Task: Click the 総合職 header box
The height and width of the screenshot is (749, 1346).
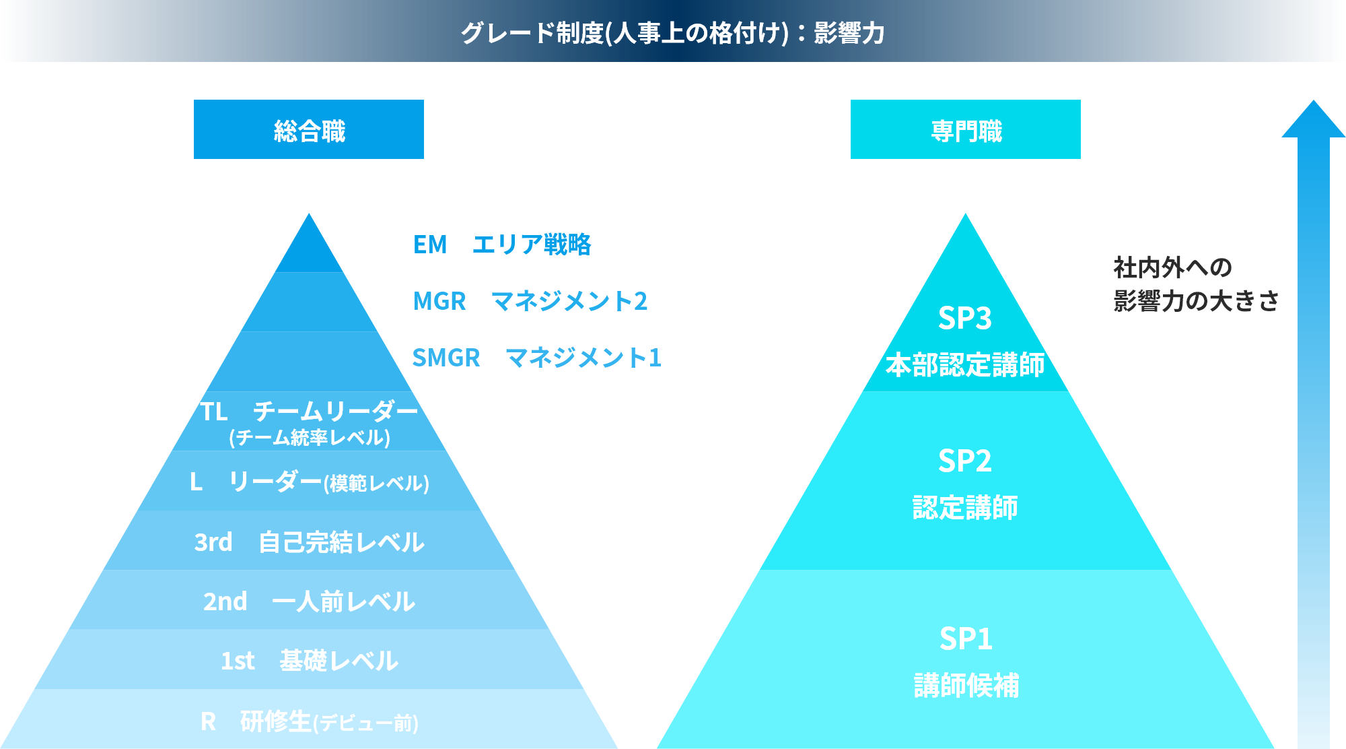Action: (x=309, y=129)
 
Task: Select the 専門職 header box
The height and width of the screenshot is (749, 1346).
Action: (x=966, y=129)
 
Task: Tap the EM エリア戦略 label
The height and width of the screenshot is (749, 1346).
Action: (x=502, y=245)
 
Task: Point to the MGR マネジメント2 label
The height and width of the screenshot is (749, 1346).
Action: (x=530, y=301)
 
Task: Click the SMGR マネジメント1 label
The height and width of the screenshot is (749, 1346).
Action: (x=537, y=358)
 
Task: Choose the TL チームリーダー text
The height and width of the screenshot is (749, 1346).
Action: (x=310, y=411)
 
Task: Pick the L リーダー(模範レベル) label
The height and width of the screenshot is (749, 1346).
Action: (x=310, y=482)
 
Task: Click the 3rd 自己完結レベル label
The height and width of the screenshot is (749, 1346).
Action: (x=310, y=542)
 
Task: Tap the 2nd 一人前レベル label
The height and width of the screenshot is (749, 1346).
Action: (x=310, y=601)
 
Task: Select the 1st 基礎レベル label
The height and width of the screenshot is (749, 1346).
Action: (x=310, y=661)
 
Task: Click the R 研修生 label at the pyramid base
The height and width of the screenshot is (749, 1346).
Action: (x=310, y=721)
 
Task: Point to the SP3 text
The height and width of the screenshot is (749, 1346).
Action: (x=965, y=318)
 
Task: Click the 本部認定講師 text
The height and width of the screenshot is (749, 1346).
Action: (x=965, y=365)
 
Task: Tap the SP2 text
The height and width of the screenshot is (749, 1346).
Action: (x=965, y=461)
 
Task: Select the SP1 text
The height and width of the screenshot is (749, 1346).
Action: (x=966, y=639)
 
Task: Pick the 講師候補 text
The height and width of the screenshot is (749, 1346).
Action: (x=966, y=686)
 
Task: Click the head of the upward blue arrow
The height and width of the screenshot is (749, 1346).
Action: (x=1314, y=120)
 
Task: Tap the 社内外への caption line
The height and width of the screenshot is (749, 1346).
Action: (x=1173, y=267)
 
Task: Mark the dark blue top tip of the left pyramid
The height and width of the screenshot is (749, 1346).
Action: (x=309, y=215)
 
